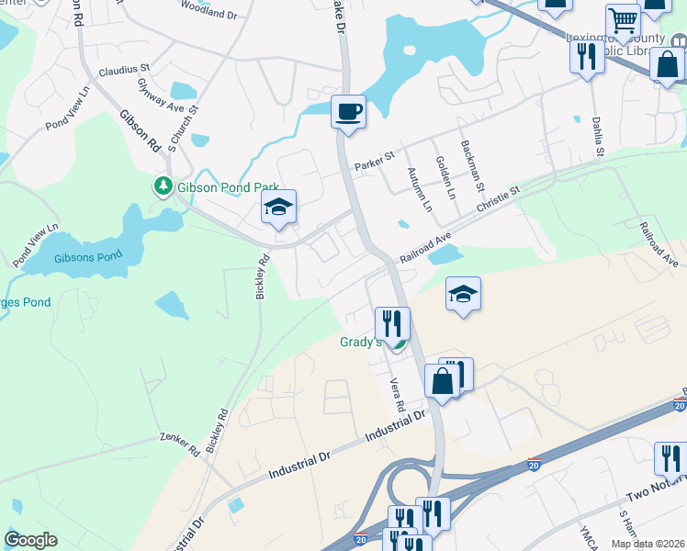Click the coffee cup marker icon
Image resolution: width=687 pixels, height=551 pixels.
coord(348,112)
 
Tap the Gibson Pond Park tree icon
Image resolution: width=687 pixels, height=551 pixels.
coord(163,186)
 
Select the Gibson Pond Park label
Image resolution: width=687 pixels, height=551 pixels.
coord(220,186)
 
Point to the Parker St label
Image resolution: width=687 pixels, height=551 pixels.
coord(374,162)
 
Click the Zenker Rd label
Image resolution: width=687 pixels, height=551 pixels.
coord(179,444)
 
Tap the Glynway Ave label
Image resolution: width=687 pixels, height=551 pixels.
coord(149,96)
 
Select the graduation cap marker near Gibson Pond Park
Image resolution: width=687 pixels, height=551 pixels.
coord(278,207)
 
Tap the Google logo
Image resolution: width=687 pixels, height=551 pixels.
coord(30,540)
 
